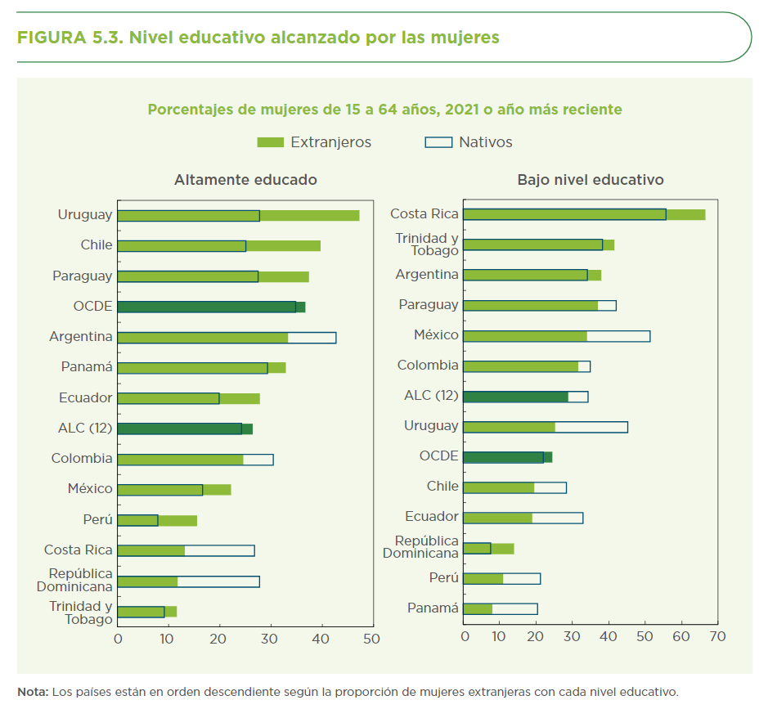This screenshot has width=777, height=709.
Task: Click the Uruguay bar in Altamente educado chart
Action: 237,216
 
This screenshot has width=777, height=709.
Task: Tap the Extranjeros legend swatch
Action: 270,142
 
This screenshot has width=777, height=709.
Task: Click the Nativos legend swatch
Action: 438,142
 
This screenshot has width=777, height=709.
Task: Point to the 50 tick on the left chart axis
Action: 371,639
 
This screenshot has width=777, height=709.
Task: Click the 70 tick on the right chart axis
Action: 717,636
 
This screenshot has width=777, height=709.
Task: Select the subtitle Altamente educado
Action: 245,180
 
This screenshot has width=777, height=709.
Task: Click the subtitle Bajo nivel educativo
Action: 591,180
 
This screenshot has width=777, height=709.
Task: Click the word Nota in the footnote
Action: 33,692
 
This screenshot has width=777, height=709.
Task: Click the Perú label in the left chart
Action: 97,519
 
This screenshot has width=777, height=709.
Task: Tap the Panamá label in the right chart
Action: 433,608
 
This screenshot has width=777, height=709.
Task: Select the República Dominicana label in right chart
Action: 426,547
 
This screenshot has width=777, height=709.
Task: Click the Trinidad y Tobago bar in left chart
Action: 146,612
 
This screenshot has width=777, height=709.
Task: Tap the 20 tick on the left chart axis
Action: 218,639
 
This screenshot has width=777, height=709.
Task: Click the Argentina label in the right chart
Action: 426,275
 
